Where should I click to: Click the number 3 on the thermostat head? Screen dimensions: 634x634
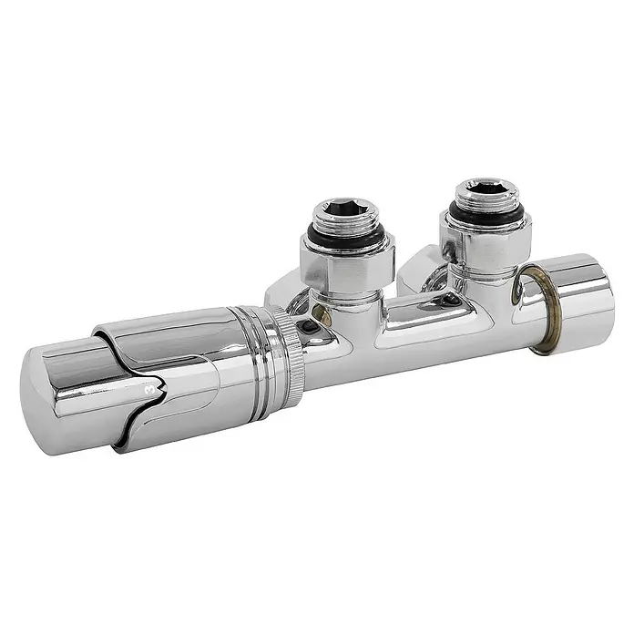[x=149, y=390]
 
